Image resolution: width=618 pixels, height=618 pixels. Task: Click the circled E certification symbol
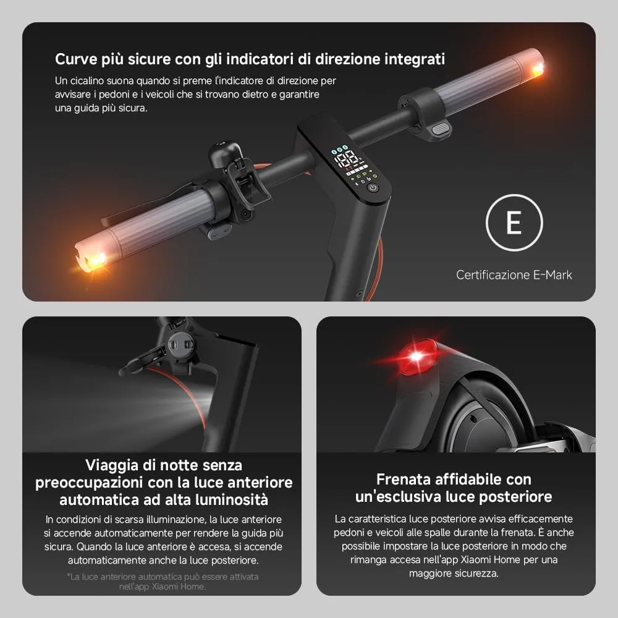click(x=514, y=222)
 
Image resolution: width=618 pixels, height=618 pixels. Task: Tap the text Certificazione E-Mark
click(x=514, y=274)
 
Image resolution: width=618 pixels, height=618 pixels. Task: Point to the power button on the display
click(x=373, y=187)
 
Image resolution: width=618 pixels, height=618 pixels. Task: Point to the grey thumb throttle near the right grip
click(x=440, y=128)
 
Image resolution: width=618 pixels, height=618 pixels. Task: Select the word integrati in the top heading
click(x=415, y=59)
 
